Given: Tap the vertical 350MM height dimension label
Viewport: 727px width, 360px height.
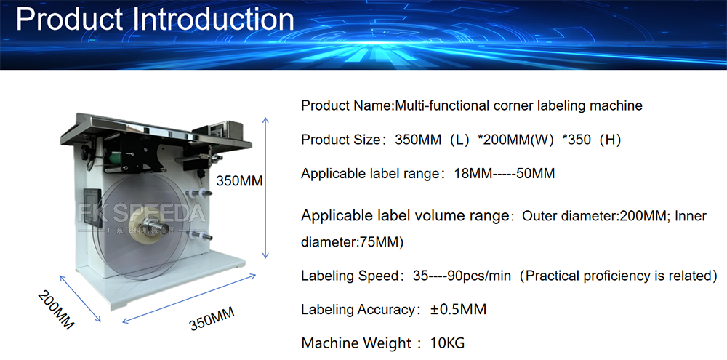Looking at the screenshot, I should [240, 180].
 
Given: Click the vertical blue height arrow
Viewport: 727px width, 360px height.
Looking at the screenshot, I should [266, 187].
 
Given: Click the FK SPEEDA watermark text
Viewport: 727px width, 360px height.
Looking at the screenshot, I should [142, 213].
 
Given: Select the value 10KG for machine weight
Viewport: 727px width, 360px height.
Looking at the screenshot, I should [448, 343].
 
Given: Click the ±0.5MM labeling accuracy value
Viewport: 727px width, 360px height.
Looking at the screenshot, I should [458, 310].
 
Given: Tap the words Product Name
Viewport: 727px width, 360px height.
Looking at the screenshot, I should [346, 105].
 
